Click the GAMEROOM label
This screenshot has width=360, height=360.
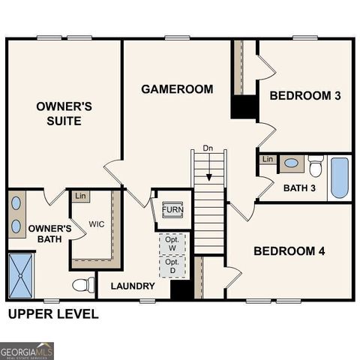(x=177, y=89)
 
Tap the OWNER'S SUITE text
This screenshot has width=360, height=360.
(x=64, y=113)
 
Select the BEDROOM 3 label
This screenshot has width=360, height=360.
(x=305, y=95)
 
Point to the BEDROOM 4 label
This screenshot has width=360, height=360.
(x=289, y=250)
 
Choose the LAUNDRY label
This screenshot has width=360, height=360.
(x=133, y=286)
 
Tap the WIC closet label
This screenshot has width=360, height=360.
(x=97, y=224)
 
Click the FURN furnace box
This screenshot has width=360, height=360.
(x=172, y=209)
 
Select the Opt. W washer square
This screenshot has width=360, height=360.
(x=172, y=244)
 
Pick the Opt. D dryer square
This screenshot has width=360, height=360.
(x=172, y=266)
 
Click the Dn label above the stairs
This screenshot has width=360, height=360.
(x=208, y=148)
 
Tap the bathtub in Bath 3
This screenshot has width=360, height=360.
(x=340, y=177)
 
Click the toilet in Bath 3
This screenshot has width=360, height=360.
(x=315, y=165)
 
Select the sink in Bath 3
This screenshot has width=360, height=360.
(x=290, y=163)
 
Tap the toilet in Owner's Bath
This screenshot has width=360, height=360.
(x=83, y=285)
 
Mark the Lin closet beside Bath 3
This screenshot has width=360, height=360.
(x=267, y=159)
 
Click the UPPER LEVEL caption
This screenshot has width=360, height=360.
(x=52, y=314)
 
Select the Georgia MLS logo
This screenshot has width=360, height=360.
(x=27, y=350)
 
